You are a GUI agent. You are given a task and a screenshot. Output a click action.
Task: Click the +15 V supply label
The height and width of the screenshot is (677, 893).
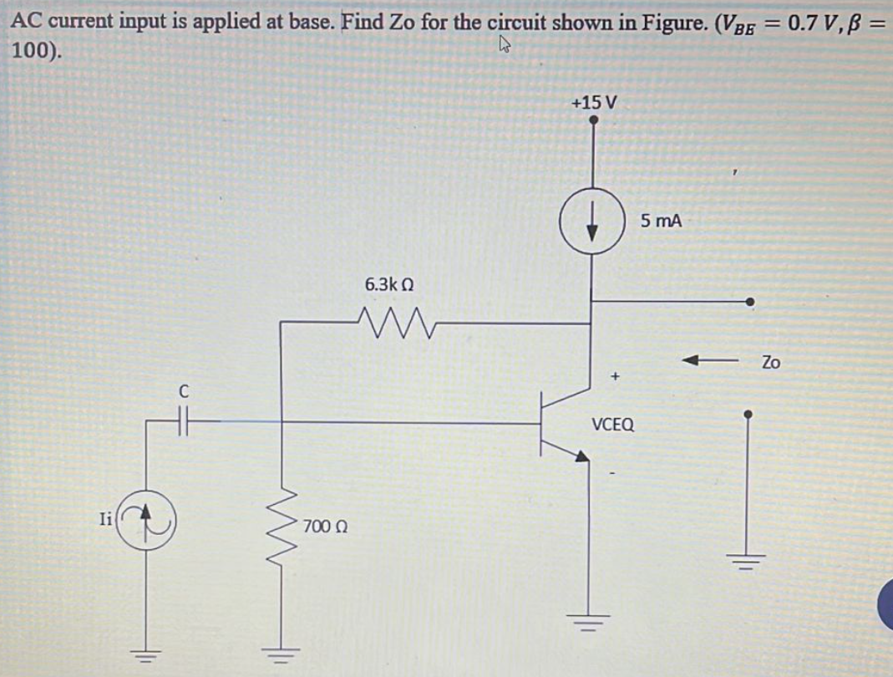pos(593,102)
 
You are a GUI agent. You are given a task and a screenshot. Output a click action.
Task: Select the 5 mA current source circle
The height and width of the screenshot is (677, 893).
pos(593,226)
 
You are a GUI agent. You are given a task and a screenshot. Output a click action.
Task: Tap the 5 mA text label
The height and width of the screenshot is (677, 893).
pos(662,221)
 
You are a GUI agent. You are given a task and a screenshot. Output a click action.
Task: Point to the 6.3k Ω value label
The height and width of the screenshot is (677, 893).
pos(389,284)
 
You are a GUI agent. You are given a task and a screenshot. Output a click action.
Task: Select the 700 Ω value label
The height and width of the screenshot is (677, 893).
pos(325,527)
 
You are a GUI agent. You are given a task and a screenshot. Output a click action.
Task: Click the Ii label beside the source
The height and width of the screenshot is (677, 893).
pos(104,518)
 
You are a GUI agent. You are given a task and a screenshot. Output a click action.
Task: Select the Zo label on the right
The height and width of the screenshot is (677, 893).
pos(770,362)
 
